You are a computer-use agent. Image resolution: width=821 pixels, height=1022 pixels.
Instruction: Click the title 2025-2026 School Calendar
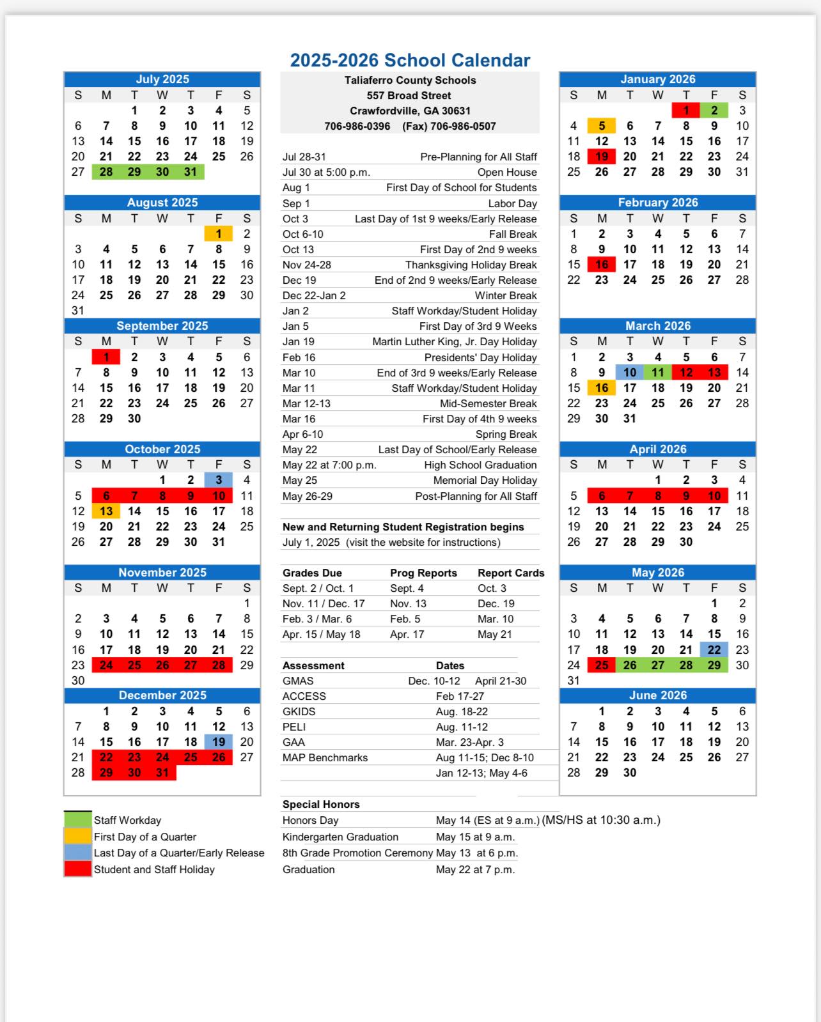pos(410,60)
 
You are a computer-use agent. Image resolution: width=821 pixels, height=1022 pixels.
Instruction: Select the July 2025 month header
pos(162,79)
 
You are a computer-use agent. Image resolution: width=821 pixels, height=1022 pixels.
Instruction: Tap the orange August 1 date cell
pos(219,234)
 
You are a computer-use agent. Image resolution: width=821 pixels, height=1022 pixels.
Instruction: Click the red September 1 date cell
pos(106,357)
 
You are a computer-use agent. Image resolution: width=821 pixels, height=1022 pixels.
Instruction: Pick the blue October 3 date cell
pos(219,480)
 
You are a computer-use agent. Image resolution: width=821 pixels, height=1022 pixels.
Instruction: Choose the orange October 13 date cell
pos(106,511)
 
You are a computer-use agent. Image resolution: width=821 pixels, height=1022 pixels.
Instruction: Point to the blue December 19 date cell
pos(219,742)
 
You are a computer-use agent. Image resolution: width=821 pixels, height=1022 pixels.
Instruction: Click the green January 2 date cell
pos(714,111)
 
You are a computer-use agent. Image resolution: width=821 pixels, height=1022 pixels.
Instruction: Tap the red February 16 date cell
pos(602,265)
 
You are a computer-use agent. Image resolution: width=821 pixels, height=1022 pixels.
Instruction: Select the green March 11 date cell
pos(658,373)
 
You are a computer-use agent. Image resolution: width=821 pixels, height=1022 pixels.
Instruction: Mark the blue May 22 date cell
pos(714,650)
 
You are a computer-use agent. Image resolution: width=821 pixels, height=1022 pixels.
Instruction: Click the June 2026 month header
pos(658,695)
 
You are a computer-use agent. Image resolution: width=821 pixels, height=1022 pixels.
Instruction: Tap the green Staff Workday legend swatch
pos(77,820)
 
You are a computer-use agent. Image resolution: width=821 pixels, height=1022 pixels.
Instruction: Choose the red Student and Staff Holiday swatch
pos(77,869)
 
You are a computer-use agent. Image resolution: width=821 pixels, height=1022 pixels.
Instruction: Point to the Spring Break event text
pos(506,435)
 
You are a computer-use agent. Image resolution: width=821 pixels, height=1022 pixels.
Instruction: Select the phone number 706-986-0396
pos(357,127)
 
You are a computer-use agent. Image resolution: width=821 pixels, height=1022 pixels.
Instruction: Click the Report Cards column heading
pos(511,573)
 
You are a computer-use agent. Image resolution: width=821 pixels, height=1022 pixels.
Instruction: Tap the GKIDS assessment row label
pos(299,712)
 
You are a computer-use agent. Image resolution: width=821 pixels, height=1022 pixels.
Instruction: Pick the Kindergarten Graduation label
pos(340,837)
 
